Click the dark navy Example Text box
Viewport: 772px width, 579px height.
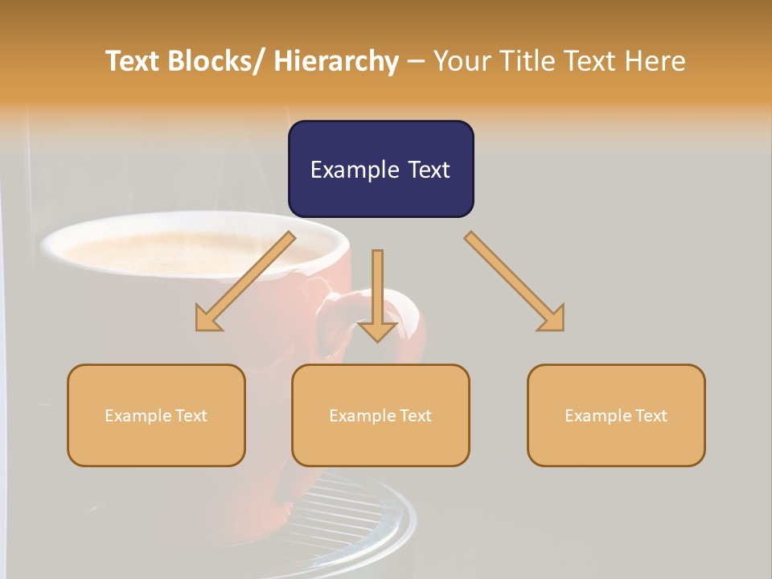click(380, 169)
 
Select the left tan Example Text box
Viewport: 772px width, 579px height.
click(156, 415)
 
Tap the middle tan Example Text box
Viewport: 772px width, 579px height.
click(380, 415)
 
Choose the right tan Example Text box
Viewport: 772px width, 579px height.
click(616, 415)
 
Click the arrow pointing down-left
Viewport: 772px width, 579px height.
click(245, 281)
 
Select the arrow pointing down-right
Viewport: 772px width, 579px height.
click(515, 281)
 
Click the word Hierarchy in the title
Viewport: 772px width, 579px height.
click(336, 61)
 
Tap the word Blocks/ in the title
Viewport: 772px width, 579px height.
click(217, 61)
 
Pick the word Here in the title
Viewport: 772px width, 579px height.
click(655, 61)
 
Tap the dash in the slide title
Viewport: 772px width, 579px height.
click(416, 61)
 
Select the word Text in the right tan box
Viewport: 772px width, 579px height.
click(649, 415)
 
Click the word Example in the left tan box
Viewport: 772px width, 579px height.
click(133, 415)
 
